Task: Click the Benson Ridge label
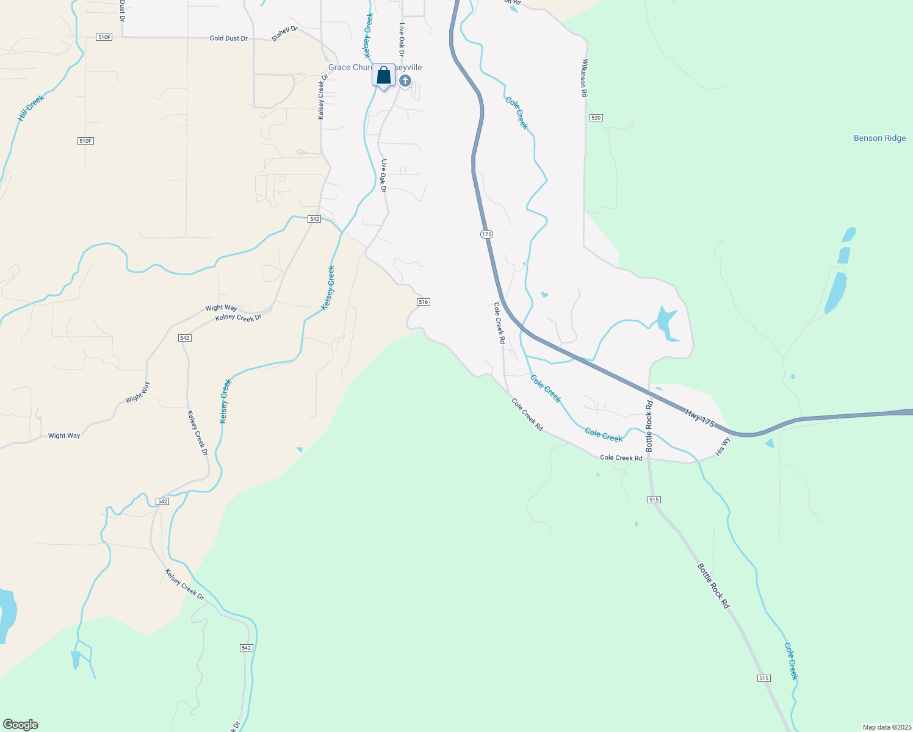click(x=879, y=138)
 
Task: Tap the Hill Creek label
click(x=31, y=107)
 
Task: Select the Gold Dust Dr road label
click(x=228, y=38)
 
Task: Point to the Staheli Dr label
click(x=284, y=34)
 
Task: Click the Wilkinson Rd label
click(x=584, y=78)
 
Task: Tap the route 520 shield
click(x=596, y=117)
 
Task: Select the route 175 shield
click(x=486, y=234)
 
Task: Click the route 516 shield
click(x=424, y=302)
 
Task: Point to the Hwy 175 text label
click(x=699, y=418)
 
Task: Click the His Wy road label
click(x=723, y=447)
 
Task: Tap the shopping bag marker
click(x=383, y=76)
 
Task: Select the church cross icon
click(x=405, y=81)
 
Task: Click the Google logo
click(x=21, y=725)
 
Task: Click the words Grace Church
click(x=350, y=68)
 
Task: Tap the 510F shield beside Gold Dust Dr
click(x=104, y=37)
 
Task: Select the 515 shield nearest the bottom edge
click(x=764, y=678)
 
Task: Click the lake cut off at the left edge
click(x=6, y=613)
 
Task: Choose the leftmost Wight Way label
click(x=64, y=436)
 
